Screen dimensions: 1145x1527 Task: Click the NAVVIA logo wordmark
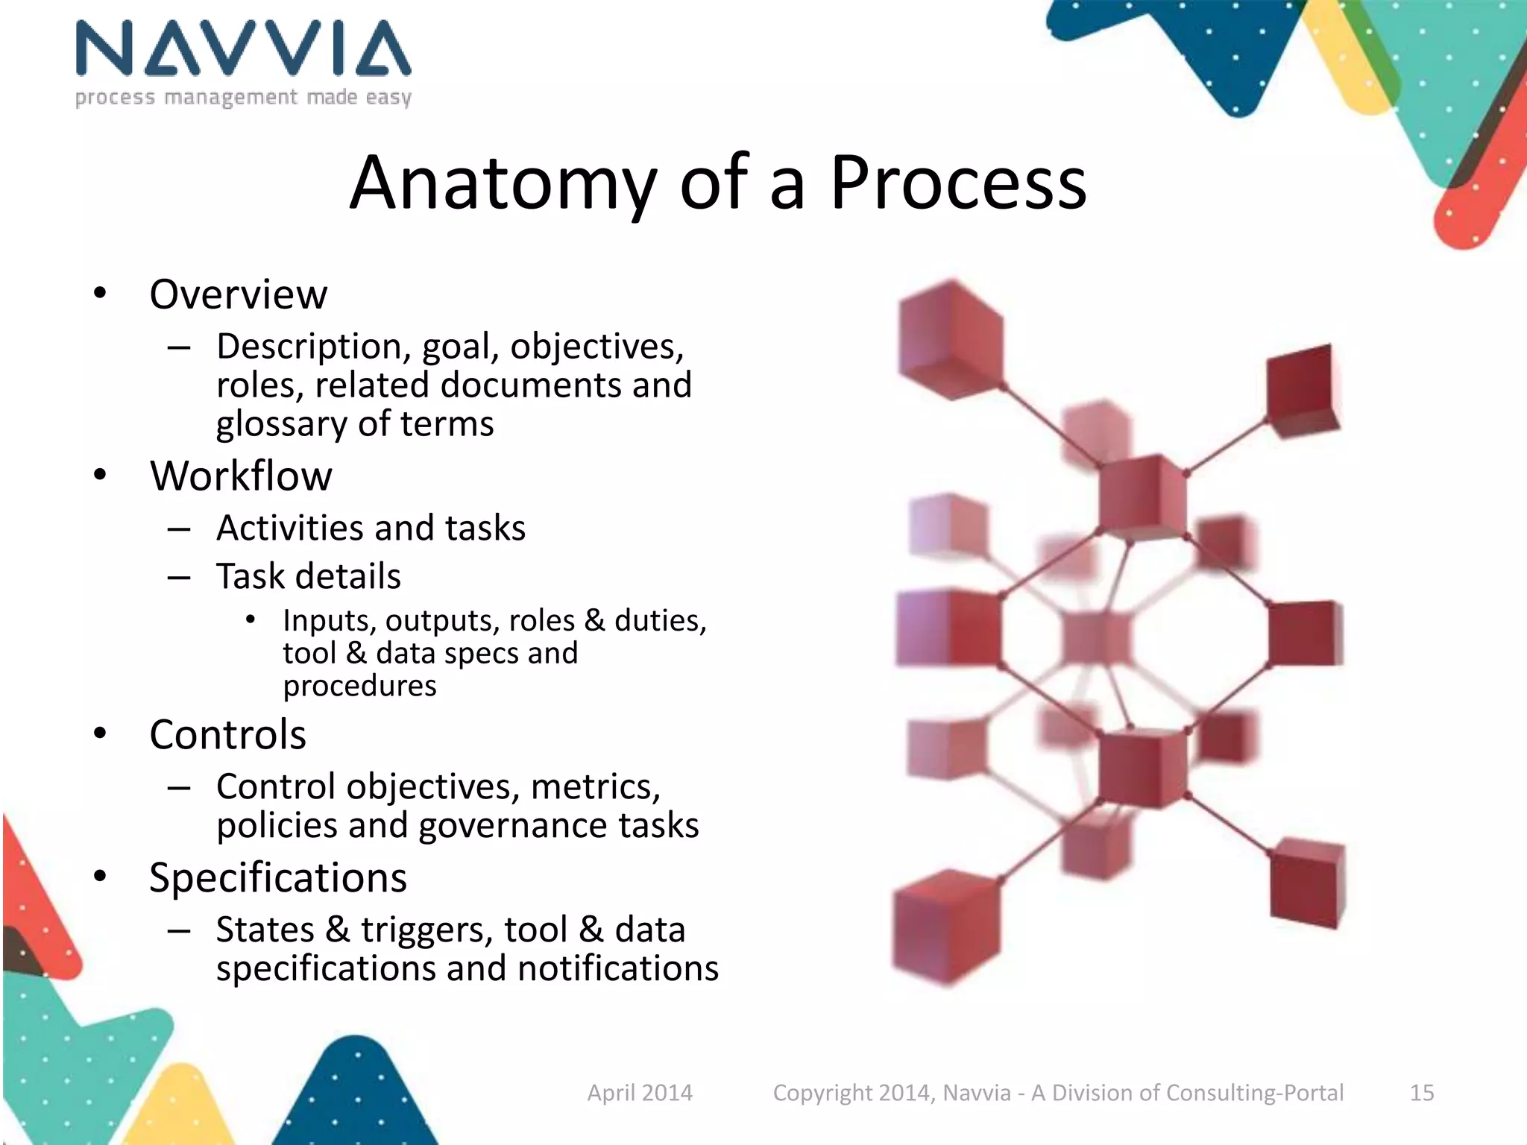click(243, 49)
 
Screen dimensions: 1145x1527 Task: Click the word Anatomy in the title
click(503, 184)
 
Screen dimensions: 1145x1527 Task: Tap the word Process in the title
click(958, 183)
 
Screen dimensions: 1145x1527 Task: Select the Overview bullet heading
click(238, 294)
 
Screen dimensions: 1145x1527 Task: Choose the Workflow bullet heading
click(241, 476)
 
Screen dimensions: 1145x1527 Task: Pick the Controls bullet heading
click(227, 735)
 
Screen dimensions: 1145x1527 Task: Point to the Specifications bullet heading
click(277, 878)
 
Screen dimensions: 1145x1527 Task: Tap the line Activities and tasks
click(371, 529)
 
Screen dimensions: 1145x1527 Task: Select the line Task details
click(309, 576)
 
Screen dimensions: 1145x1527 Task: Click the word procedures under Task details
click(359, 686)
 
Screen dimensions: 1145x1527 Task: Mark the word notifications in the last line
click(618, 969)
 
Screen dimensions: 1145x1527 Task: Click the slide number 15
click(1422, 1093)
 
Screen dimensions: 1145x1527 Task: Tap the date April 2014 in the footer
click(640, 1093)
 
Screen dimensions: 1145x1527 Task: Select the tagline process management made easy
click(243, 98)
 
